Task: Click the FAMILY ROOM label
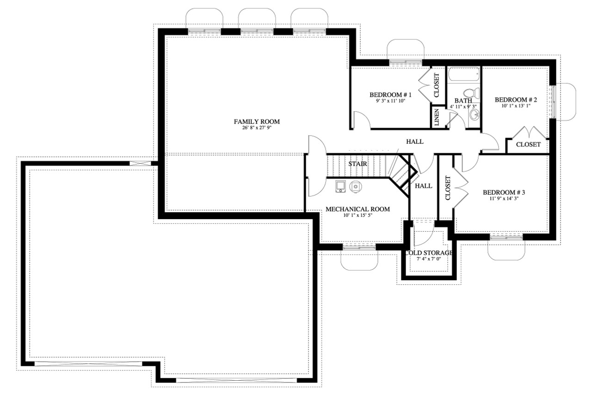pyautogui.click(x=257, y=122)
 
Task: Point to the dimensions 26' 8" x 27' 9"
pyautogui.click(x=257, y=128)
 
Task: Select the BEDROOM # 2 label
pyautogui.click(x=516, y=99)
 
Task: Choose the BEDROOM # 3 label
pyautogui.click(x=504, y=192)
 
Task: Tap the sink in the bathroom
pyautogui.click(x=474, y=114)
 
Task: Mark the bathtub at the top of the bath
pyautogui.click(x=464, y=74)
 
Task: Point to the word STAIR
pyautogui.click(x=358, y=164)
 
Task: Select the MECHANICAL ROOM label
pyautogui.click(x=358, y=209)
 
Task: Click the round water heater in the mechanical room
pyautogui.click(x=355, y=186)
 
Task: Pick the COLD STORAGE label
pyautogui.click(x=428, y=253)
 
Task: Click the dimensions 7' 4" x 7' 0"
pyautogui.click(x=428, y=259)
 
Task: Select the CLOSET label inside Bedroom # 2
pyautogui.click(x=528, y=144)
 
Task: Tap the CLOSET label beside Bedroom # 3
pyautogui.click(x=447, y=188)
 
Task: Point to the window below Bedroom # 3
pyautogui.click(x=506, y=236)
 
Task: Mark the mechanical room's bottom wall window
pyautogui.click(x=359, y=247)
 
